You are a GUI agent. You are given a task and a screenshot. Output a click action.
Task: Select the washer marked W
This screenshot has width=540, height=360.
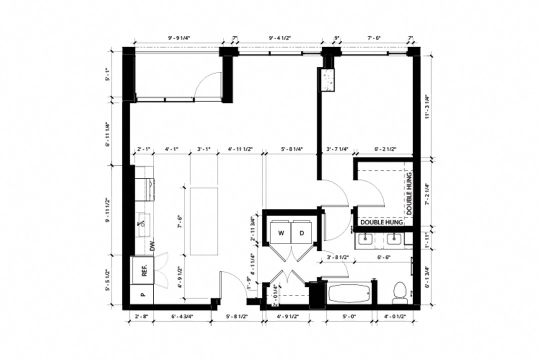pyautogui.click(x=280, y=233)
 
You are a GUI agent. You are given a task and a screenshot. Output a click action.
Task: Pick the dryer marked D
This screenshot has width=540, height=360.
pyautogui.click(x=302, y=233)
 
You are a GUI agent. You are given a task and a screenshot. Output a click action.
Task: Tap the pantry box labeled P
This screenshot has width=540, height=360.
pyautogui.click(x=142, y=294)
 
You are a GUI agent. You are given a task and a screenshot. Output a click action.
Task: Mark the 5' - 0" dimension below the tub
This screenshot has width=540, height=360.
pyautogui.click(x=349, y=316)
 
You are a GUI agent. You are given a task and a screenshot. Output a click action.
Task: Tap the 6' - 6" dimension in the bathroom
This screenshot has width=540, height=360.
pyautogui.click(x=383, y=258)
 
